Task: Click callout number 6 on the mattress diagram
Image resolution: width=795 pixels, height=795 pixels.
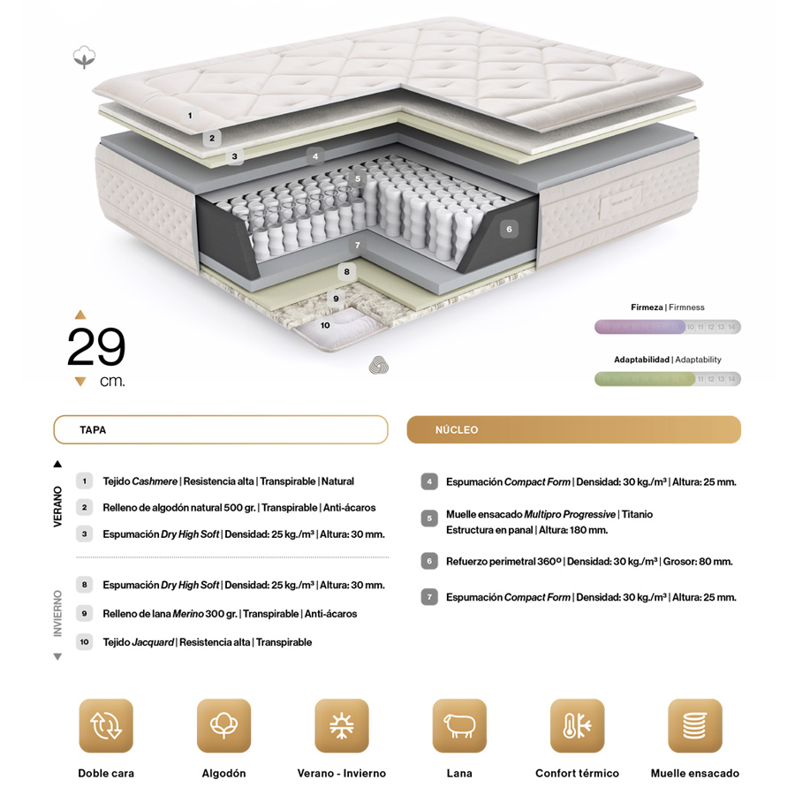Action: (509, 229)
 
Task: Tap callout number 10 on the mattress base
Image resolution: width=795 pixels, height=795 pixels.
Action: (325, 325)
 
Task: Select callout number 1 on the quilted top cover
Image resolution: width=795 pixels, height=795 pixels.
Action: (190, 116)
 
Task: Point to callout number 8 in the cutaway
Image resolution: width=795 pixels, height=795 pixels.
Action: (347, 272)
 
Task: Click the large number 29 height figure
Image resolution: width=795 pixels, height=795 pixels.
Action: (96, 346)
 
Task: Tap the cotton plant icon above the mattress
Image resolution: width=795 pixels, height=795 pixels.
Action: (84, 57)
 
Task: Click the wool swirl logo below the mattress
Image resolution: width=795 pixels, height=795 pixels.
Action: (379, 365)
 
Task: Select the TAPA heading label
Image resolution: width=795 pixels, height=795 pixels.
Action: (93, 430)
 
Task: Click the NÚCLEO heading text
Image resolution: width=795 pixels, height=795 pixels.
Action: (457, 430)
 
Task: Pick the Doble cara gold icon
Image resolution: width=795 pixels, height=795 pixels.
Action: (106, 725)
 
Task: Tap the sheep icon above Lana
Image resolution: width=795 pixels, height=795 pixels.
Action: (459, 725)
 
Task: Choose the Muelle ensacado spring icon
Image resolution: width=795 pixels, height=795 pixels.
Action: (695, 725)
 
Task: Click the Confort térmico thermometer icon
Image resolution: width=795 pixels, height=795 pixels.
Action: (578, 725)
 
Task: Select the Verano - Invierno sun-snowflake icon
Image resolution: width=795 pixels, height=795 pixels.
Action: (342, 725)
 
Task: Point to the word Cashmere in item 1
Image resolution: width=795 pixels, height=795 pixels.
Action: (155, 481)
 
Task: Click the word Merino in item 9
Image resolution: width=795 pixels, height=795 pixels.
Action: (187, 614)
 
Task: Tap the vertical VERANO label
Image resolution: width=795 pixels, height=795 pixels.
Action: (57, 506)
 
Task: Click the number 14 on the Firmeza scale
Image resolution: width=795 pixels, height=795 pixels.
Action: (731, 327)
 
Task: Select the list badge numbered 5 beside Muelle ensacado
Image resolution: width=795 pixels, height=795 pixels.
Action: (429, 519)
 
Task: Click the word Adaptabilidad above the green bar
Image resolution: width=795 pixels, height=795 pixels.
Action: (641, 360)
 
